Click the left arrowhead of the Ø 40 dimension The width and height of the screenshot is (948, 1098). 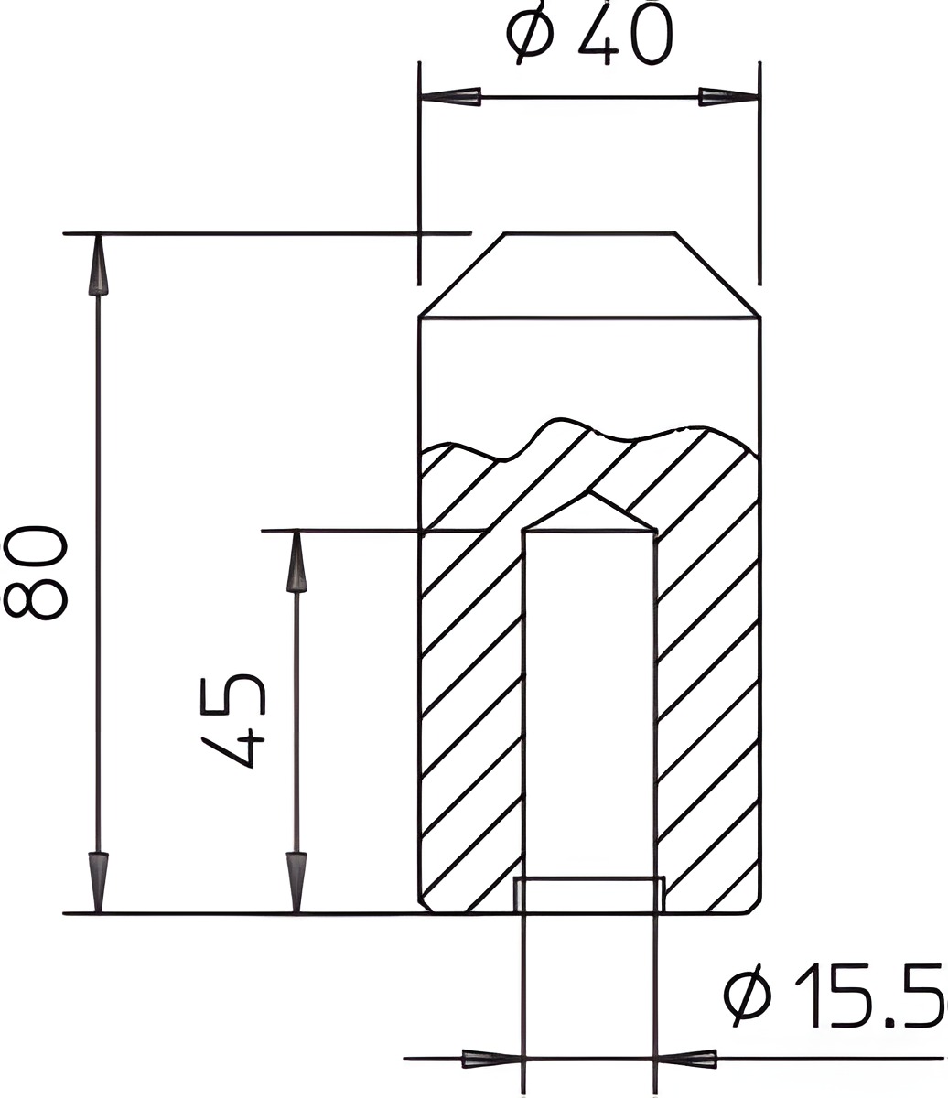coord(450,97)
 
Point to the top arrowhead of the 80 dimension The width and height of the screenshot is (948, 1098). coord(98,264)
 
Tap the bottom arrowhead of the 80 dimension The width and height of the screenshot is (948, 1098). coord(98,883)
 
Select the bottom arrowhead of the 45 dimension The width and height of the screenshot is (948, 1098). coord(296,883)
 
